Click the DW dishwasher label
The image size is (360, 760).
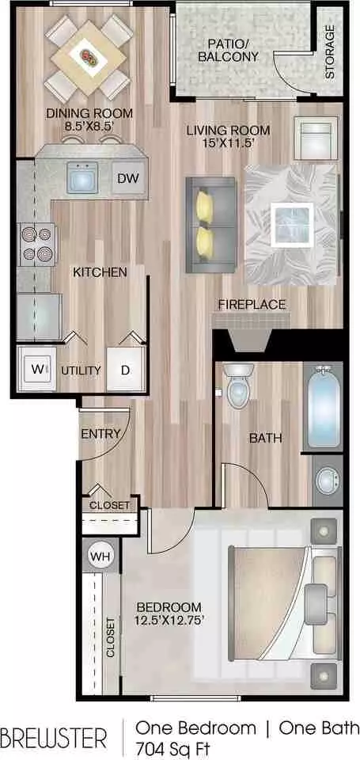[x=128, y=178]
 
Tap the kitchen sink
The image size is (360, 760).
[x=81, y=177]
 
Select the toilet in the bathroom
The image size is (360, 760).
[x=238, y=386]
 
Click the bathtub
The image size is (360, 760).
[x=323, y=407]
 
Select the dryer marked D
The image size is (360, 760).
[x=126, y=370]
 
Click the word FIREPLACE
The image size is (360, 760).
[x=252, y=305]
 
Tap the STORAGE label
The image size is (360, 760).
[x=330, y=51]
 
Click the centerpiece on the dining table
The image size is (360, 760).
[x=88, y=55]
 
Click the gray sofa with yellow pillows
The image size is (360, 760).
[x=210, y=225]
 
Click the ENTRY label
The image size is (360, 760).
[x=100, y=435]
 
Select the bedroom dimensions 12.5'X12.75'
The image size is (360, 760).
[x=169, y=619]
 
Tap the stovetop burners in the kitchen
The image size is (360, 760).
[x=38, y=245]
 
